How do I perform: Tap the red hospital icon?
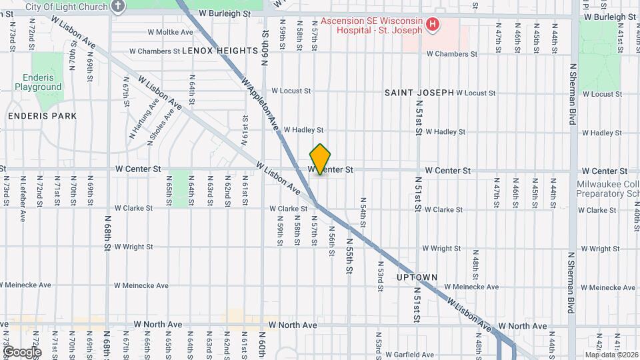(433, 25)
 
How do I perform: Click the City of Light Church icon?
(119, 7)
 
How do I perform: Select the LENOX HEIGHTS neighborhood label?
(219, 51)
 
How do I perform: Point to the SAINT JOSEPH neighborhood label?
(419, 93)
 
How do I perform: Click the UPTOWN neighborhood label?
(417, 277)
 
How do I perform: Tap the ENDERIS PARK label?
(42, 115)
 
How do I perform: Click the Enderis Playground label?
(38, 82)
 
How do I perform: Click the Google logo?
(22, 351)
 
